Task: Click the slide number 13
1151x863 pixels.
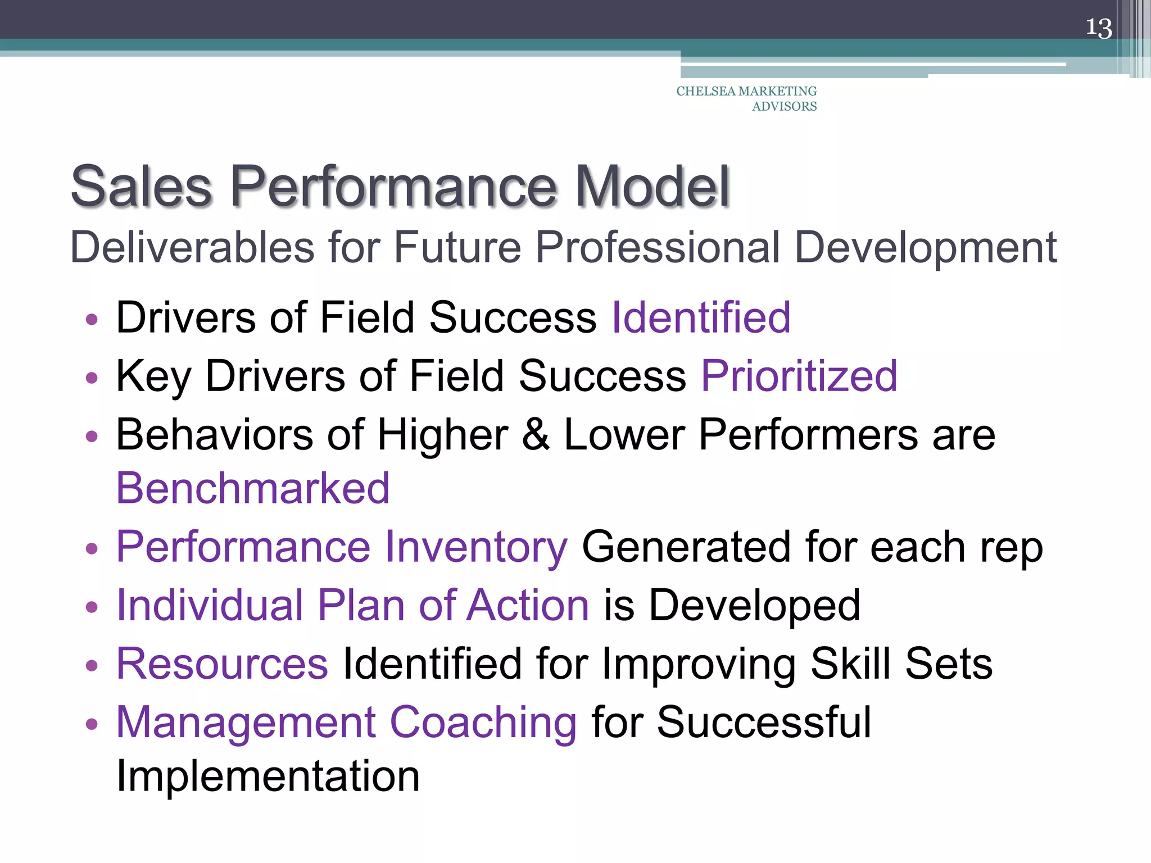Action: [1098, 28]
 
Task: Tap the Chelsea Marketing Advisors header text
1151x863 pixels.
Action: [746, 98]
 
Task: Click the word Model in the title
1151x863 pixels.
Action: [652, 187]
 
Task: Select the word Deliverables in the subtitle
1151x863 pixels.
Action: [192, 247]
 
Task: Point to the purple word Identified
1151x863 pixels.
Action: [701, 318]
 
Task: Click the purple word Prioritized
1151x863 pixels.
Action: [799, 376]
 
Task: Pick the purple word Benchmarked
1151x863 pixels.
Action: [253, 488]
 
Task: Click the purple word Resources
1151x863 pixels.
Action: [222, 664]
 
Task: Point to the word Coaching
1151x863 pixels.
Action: [483, 723]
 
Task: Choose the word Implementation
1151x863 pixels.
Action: [268, 776]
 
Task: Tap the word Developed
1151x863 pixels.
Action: [754, 605]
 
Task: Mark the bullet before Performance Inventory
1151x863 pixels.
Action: [92, 548]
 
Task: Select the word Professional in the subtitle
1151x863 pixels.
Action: [657, 247]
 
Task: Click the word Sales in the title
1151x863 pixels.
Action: [142, 187]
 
